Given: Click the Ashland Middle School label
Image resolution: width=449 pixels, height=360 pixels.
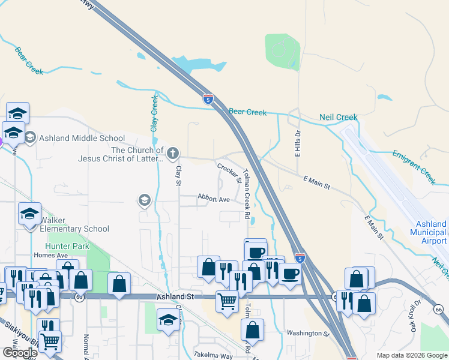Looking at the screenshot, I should (82, 138).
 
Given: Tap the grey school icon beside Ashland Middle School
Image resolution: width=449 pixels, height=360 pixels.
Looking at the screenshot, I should (30, 138).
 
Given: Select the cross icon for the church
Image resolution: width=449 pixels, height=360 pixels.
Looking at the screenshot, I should (173, 154).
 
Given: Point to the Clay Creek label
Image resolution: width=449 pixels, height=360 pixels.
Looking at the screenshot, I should (154, 113).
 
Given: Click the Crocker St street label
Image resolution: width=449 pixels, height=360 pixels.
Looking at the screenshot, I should (229, 173).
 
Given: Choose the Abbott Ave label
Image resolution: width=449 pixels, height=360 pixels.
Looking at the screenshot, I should (214, 199).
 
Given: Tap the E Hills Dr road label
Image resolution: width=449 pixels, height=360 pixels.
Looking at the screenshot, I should (297, 144).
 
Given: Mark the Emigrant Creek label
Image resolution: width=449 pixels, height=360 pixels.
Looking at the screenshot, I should (414, 167).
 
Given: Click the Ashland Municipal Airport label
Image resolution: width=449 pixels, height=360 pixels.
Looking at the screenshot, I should (429, 232).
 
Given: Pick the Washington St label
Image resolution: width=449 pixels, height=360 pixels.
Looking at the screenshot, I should (308, 333).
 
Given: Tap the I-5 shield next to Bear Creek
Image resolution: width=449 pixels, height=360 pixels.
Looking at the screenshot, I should (208, 100).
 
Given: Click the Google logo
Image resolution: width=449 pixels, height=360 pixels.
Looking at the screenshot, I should (20, 353).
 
